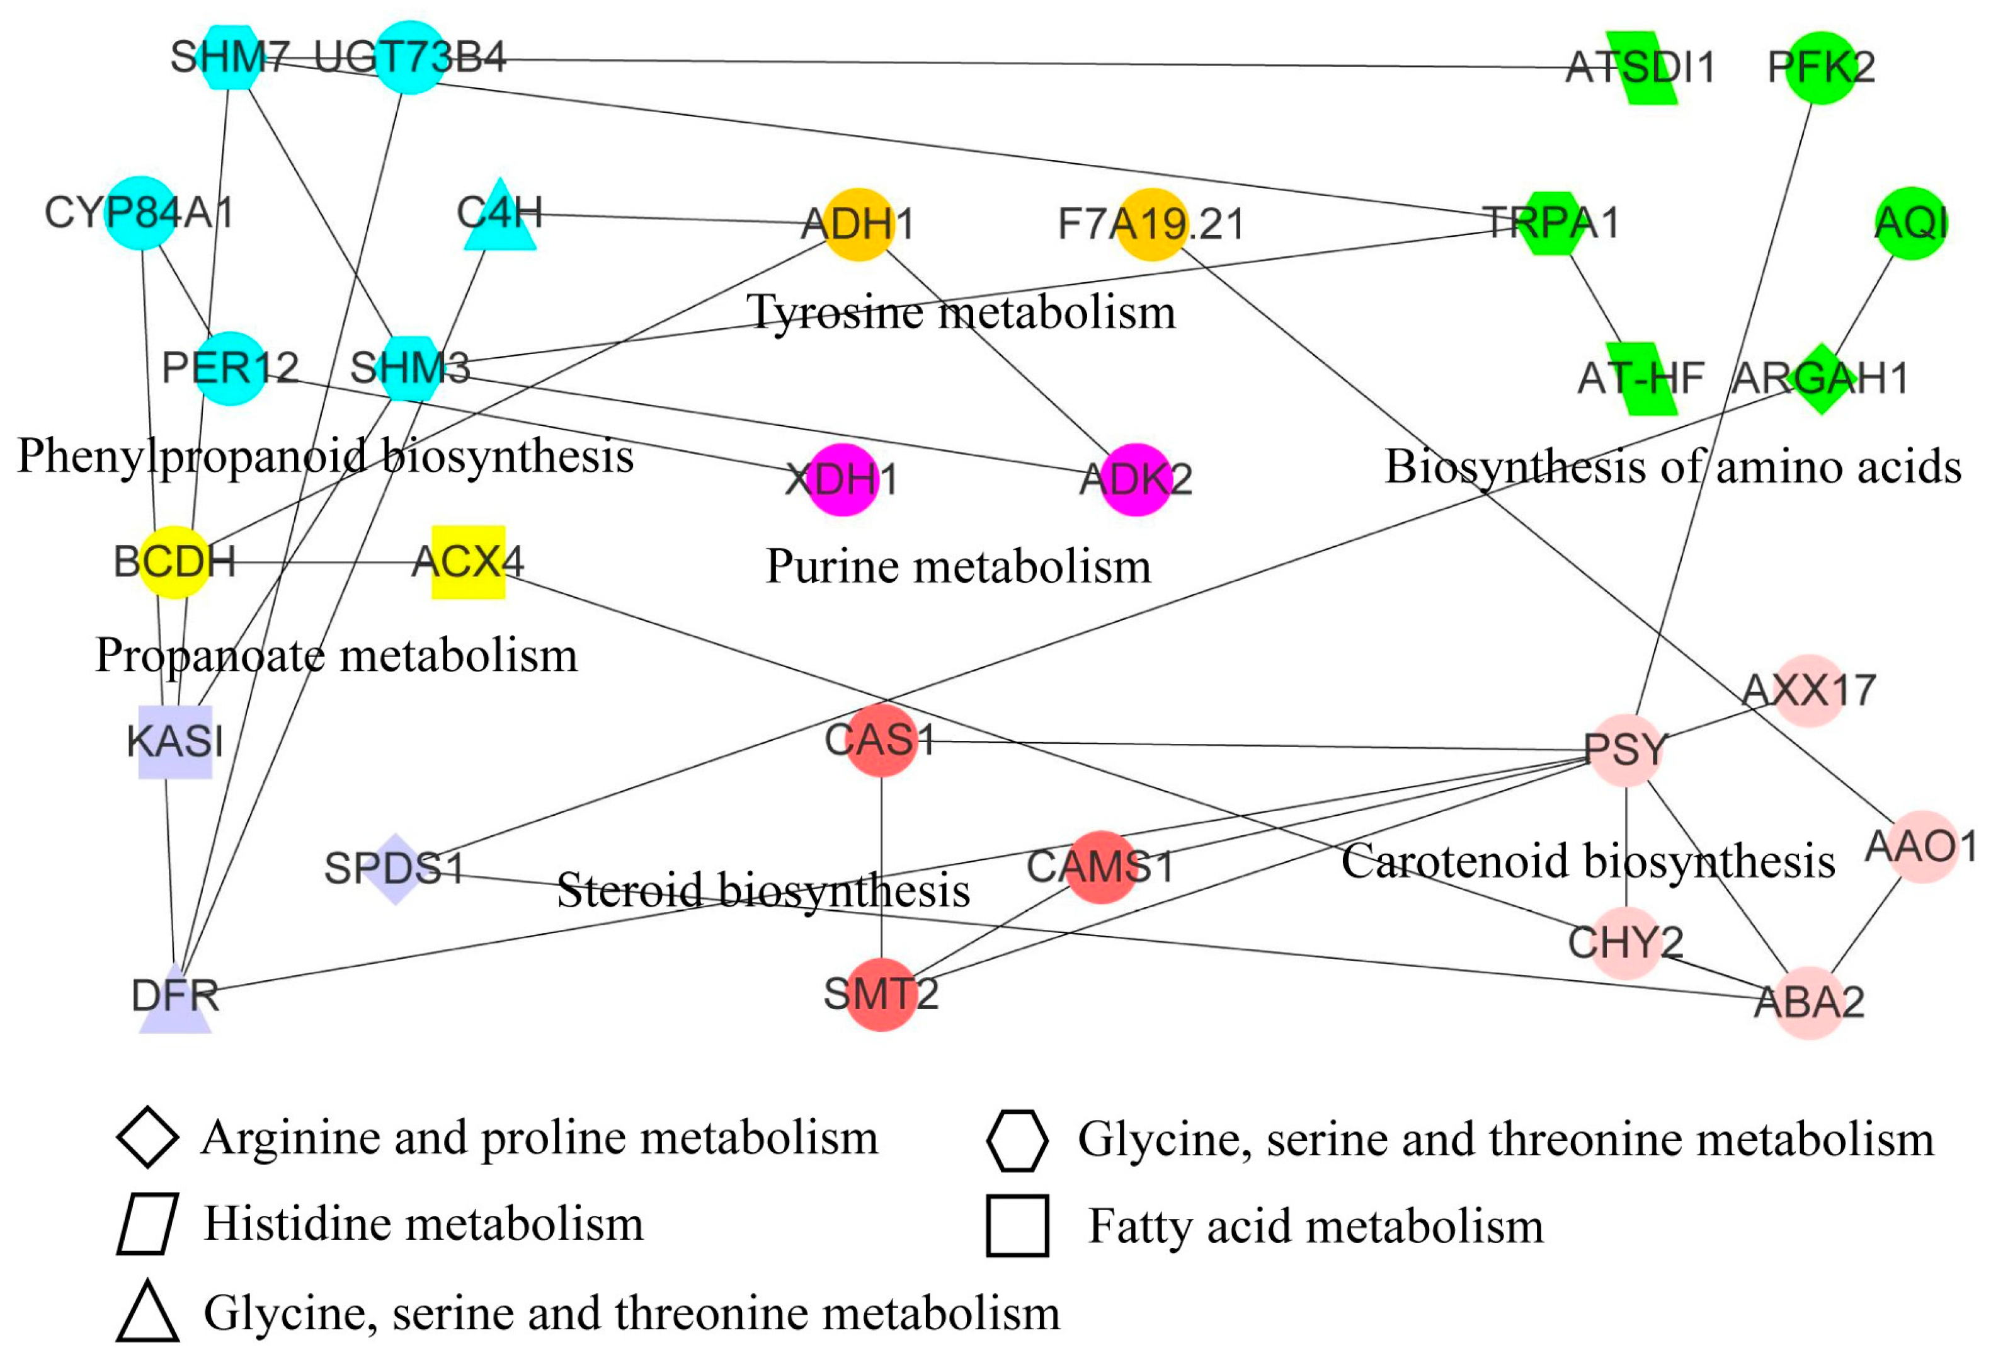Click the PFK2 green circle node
click(x=1820, y=67)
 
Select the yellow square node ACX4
click(x=468, y=562)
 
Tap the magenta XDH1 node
click(x=843, y=479)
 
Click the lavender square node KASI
click(x=175, y=741)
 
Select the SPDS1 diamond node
click(x=395, y=869)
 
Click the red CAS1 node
click(x=880, y=740)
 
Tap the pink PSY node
click(x=1626, y=750)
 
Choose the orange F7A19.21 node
click(x=1151, y=224)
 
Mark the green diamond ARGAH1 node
click(x=1820, y=379)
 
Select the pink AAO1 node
click(x=1921, y=847)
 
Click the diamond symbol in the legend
click(x=147, y=1138)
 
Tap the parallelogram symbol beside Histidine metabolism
click(x=147, y=1224)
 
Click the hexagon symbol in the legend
click(x=1017, y=1140)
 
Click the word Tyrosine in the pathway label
click(x=835, y=312)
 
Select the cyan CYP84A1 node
click(x=140, y=213)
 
